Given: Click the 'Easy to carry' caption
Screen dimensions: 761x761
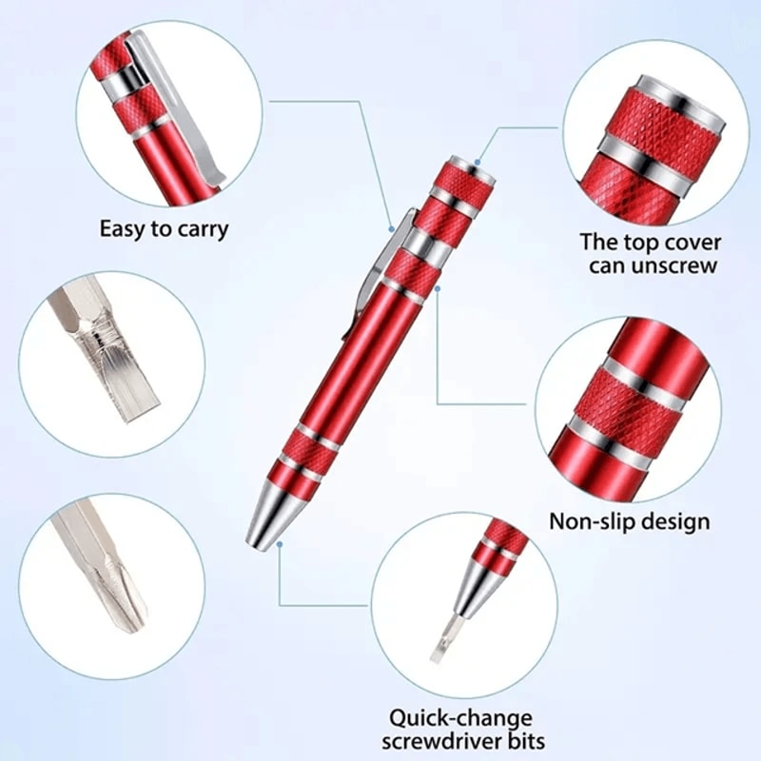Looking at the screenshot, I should pyautogui.click(x=164, y=229).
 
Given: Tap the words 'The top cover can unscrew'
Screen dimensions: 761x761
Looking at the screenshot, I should pyautogui.click(x=651, y=254).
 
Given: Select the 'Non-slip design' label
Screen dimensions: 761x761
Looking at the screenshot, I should pyautogui.click(x=629, y=521).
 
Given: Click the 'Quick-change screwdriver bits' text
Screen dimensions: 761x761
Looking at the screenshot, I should pyautogui.click(x=466, y=729).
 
